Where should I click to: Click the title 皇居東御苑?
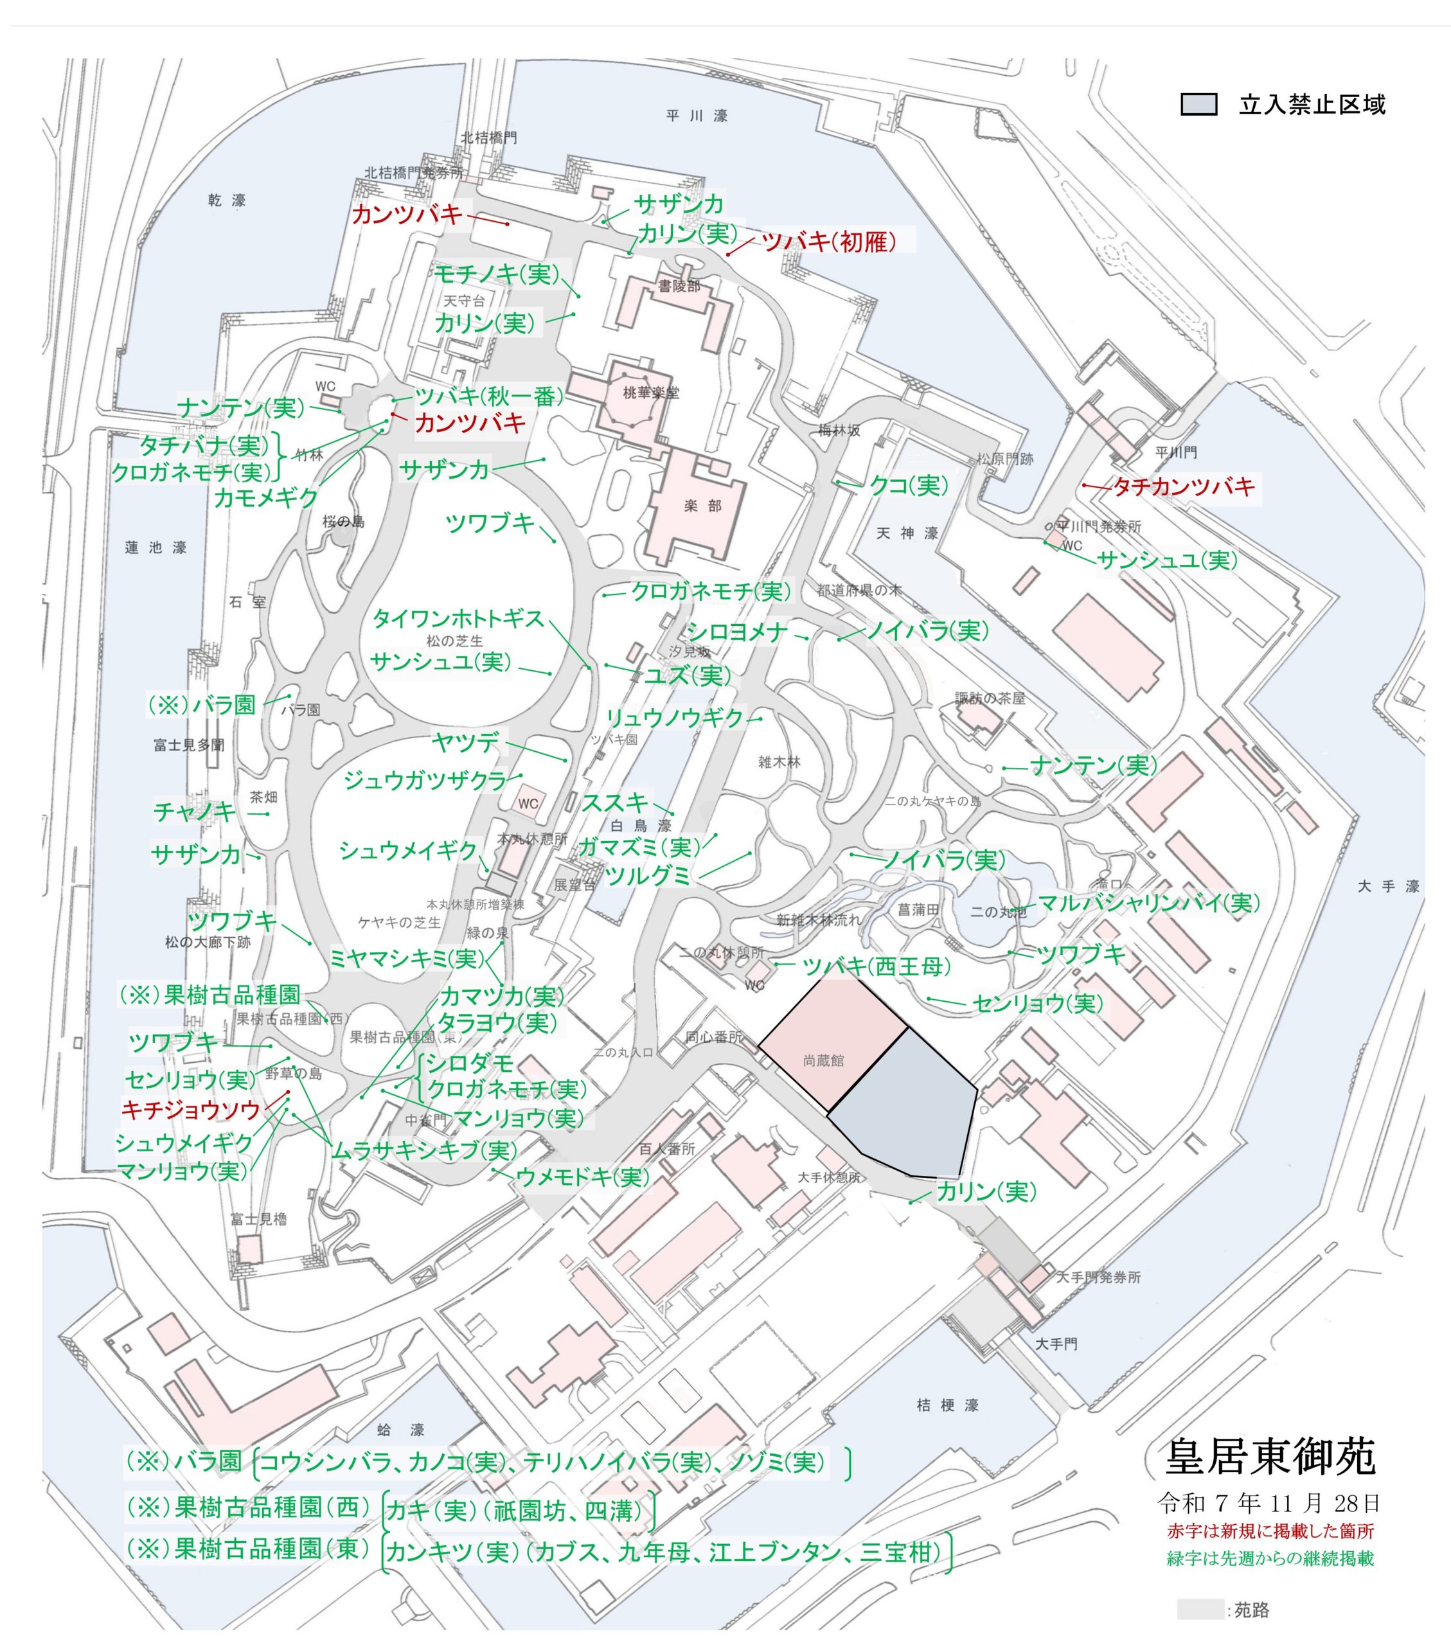pos(1270,1456)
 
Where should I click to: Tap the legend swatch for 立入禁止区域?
pos(1198,105)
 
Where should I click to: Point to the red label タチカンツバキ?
pos(1183,487)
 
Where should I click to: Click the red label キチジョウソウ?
pos(191,1110)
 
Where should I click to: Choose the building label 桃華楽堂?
pos(651,393)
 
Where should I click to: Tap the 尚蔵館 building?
pos(823,1061)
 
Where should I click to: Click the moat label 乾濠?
pos(226,200)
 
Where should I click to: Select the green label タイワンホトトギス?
pos(459,618)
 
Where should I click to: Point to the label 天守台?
pos(465,301)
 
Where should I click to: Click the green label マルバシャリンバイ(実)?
pos(1148,903)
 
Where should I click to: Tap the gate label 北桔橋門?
pos(488,138)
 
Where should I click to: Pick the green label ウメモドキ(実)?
pos(583,1177)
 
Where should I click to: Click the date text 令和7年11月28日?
pos(1269,1502)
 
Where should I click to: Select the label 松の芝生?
pos(455,641)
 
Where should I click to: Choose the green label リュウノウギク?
pos(674,718)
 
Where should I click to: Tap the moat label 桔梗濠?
pos(947,1405)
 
